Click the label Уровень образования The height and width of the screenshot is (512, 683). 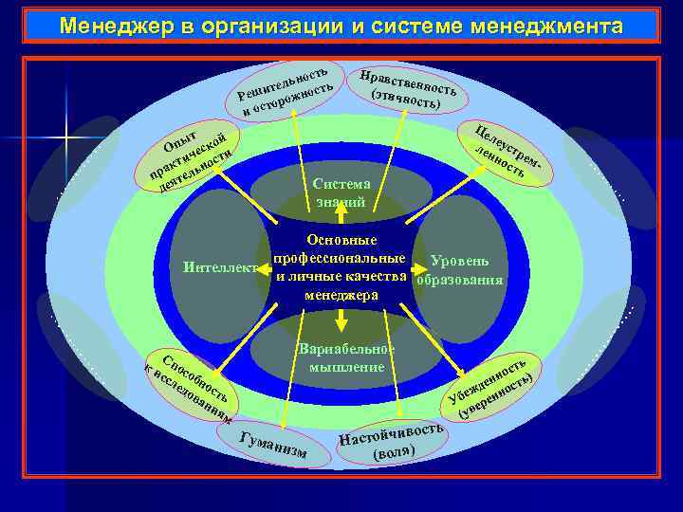(x=459, y=269)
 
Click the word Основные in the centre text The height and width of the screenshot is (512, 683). (x=341, y=241)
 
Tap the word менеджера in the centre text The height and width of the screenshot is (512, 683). (x=341, y=295)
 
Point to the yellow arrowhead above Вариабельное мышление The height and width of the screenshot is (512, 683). (x=341, y=321)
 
